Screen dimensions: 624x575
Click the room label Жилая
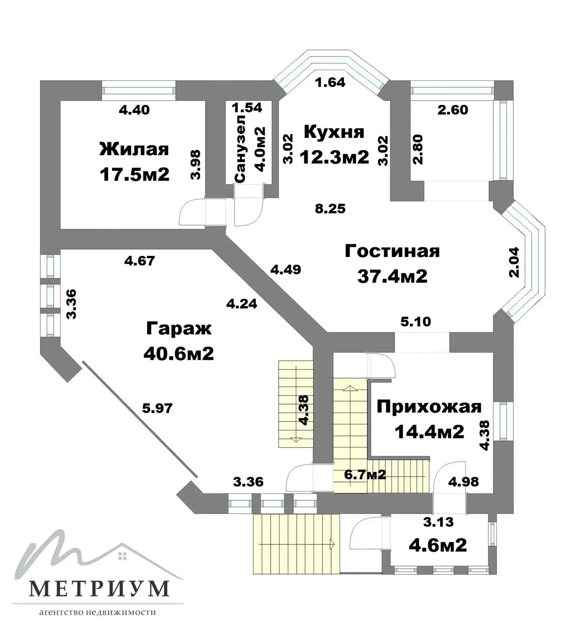coord(134,149)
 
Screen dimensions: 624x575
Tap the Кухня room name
coord(334,132)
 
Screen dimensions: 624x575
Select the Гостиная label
coord(392,251)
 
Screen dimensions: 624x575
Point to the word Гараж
coord(178,328)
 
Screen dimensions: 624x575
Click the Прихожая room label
coord(429,407)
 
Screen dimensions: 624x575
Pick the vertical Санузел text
coord(240,148)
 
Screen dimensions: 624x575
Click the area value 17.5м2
coord(134,174)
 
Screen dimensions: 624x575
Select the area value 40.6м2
coord(178,354)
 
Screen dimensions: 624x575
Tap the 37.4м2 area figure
coord(392,276)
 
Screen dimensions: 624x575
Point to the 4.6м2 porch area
coord(438,545)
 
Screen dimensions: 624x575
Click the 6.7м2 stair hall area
coord(365,474)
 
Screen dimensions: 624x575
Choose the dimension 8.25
coord(330,209)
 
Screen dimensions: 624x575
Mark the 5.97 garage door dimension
coord(157,408)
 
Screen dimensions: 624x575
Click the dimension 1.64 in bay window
coord(330,82)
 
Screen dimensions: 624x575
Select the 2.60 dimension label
coord(452,110)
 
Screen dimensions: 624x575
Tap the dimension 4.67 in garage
coord(139,260)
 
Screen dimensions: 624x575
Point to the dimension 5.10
coord(416,322)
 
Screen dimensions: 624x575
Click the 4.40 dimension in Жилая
coord(134,110)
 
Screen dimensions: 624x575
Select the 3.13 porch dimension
coord(439,521)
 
